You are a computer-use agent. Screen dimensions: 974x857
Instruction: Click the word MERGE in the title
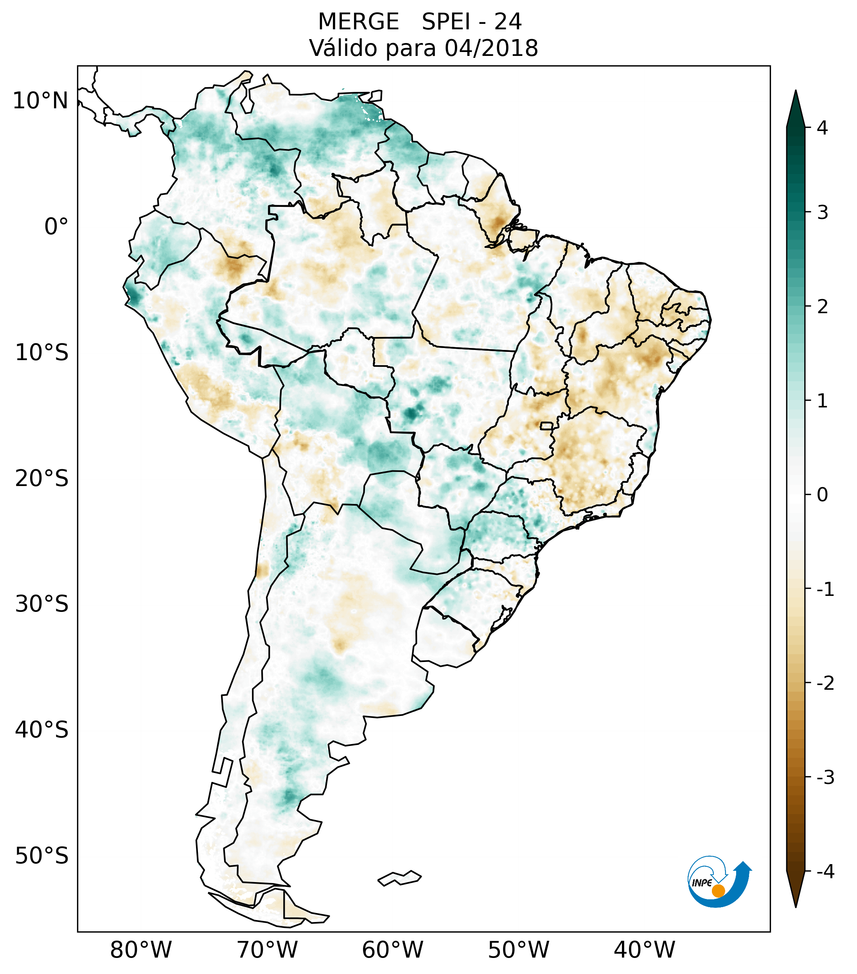click(358, 22)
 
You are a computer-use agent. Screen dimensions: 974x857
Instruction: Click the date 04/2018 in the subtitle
click(491, 48)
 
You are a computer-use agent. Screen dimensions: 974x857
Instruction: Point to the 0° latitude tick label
click(56, 227)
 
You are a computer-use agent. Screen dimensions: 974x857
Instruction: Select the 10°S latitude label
click(42, 353)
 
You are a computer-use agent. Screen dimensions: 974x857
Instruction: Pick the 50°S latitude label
click(42, 856)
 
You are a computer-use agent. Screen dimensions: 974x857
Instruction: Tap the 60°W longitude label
click(392, 950)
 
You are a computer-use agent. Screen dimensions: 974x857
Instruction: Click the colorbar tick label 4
click(822, 128)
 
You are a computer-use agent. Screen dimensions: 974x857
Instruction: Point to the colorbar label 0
click(822, 495)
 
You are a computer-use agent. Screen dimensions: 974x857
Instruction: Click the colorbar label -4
click(825, 872)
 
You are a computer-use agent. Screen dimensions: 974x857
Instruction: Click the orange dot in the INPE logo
click(718, 891)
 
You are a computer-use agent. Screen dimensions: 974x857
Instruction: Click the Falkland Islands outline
click(399, 878)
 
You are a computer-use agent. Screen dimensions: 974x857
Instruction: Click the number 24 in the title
click(508, 22)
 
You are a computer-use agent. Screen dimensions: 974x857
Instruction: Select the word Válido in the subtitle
click(343, 48)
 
